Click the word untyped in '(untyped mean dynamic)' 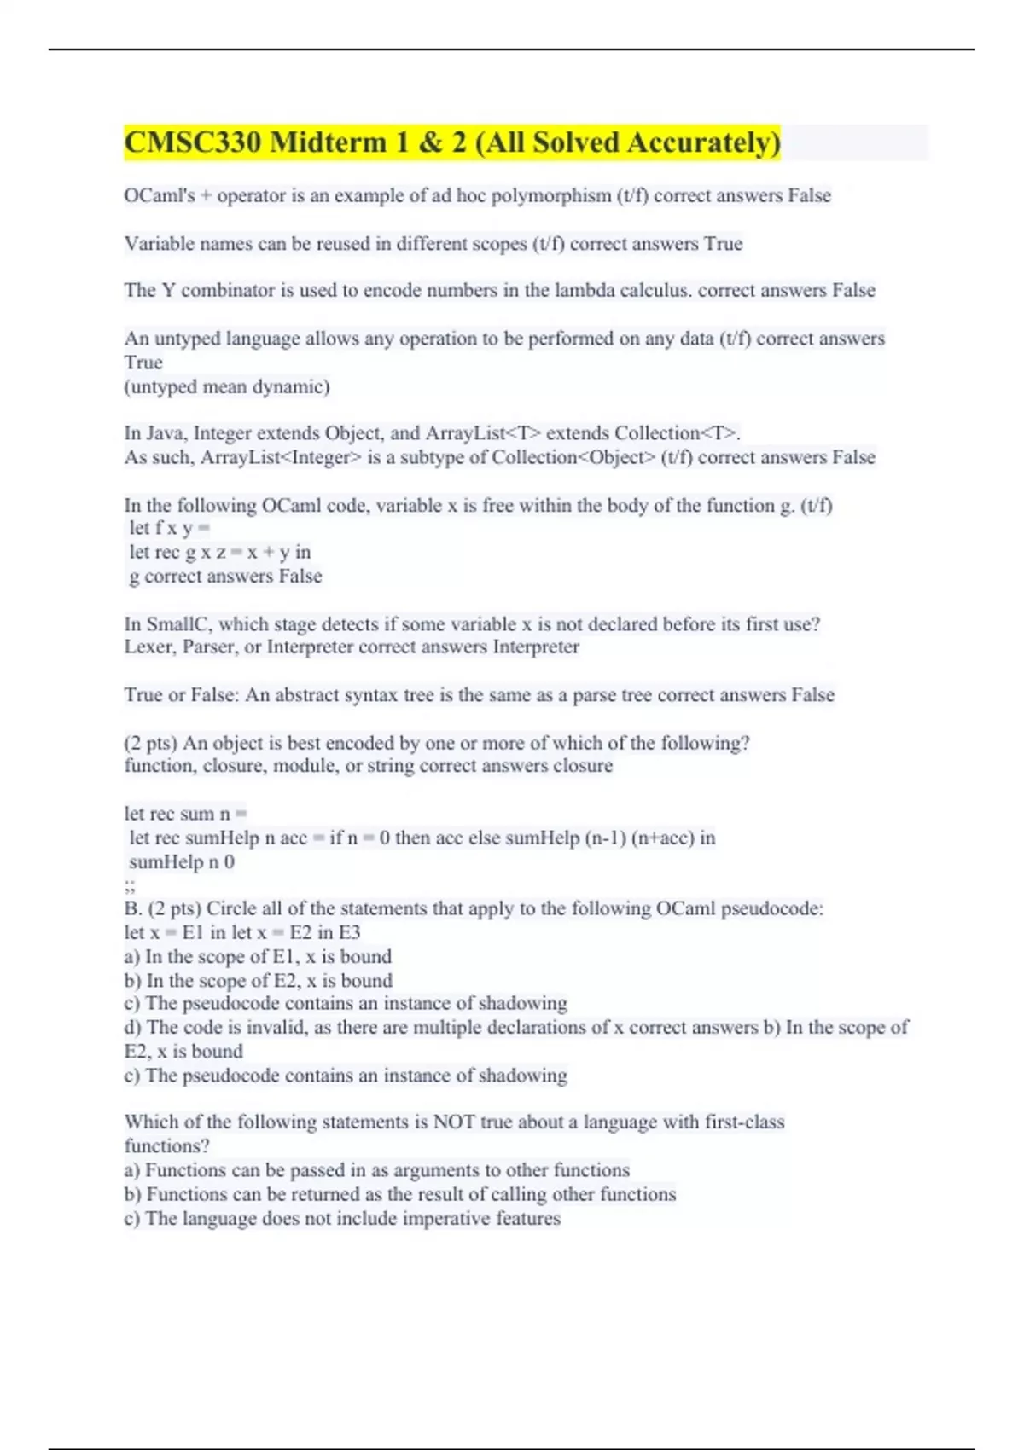tap(160, 387)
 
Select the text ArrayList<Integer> tap(281, 458)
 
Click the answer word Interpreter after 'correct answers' tap(536, 647)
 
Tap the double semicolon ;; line tap(130, 886)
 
